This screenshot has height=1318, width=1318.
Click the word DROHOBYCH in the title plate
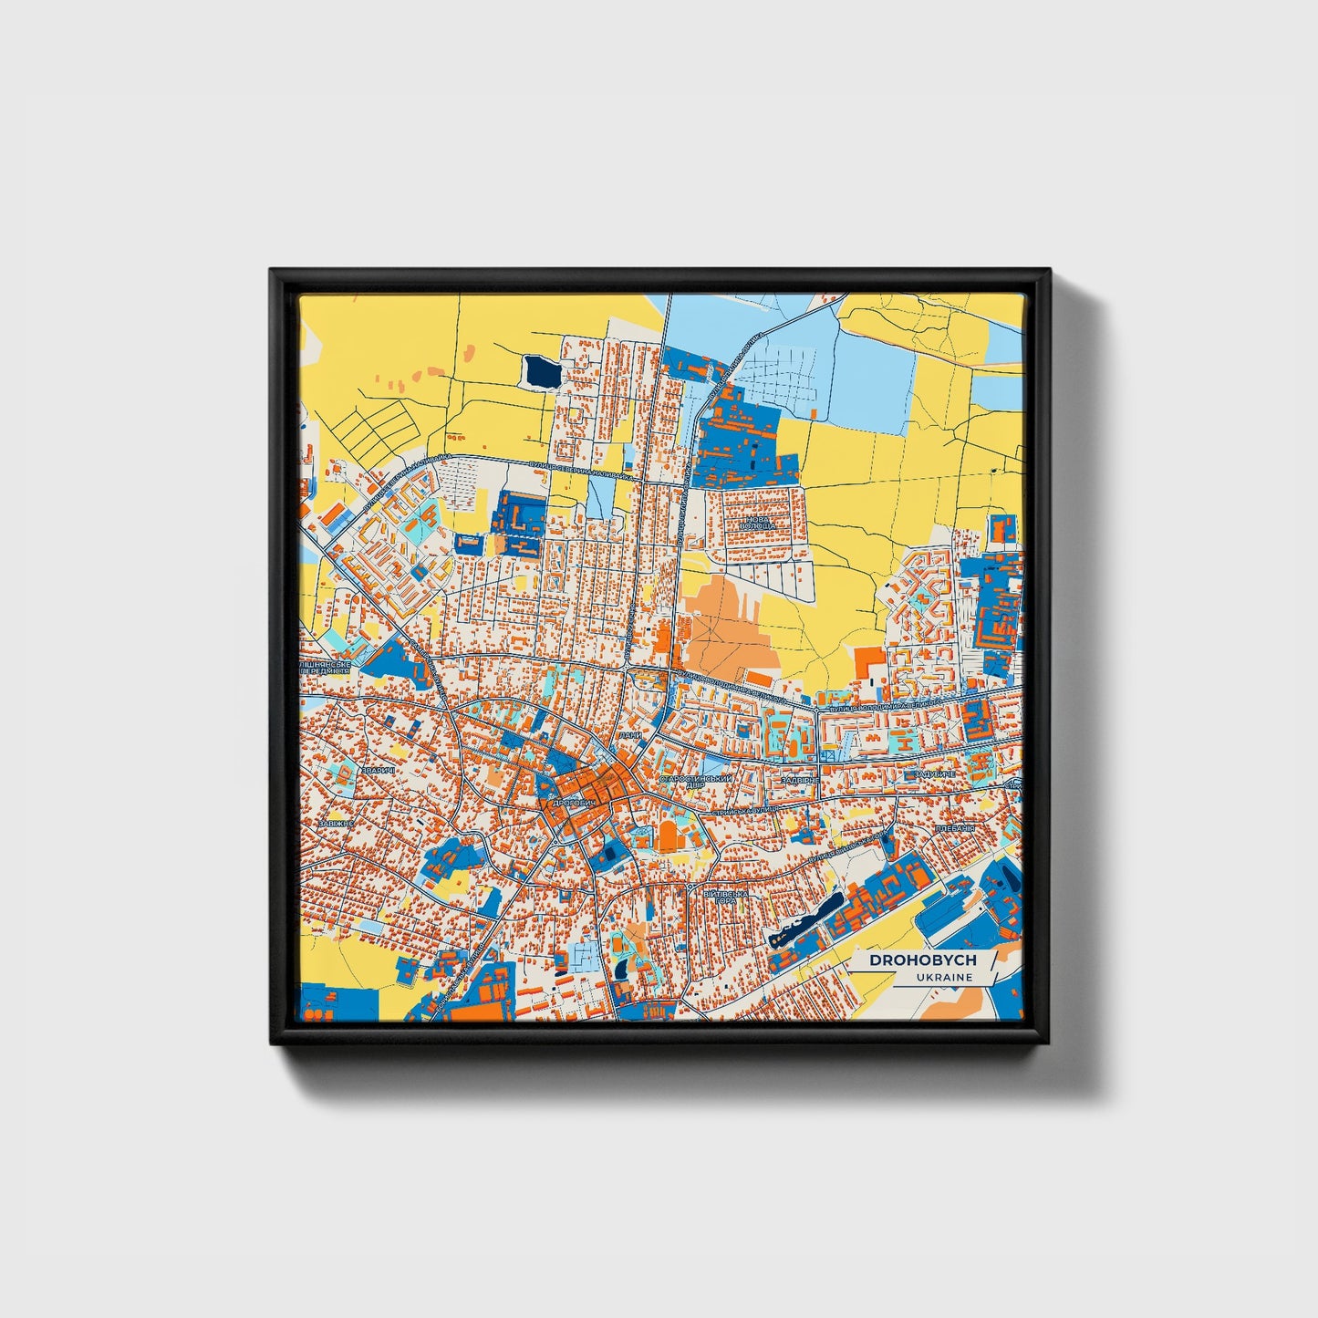pyautogui.click(x=922, y=960)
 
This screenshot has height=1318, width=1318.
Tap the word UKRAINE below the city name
pyautogui.click(x=945, y=977)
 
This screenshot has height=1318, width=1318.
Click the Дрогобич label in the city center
pyautogui.click(x=574, y=803)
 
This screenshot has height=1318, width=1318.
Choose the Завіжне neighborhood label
pyautogui.click(x=335, y=823)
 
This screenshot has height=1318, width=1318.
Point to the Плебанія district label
pyautogui.click(x=955, y=828)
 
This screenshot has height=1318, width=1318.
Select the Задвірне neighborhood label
pyautogui.click(x=800, y=781)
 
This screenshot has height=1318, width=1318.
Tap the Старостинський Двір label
pyautogui.click(x=696, y=782)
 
